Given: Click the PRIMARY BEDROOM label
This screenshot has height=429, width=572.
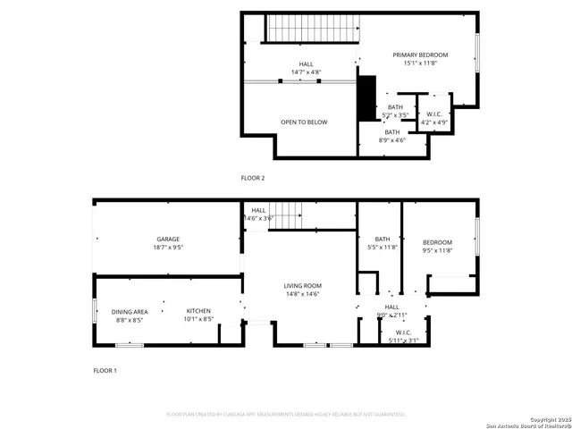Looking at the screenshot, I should click(420, 55).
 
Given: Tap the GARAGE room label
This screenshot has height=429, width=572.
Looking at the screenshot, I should click(169, 240).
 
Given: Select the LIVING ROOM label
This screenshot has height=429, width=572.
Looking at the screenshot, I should click(303, 286).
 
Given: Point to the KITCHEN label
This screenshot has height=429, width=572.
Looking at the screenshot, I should click(198, 311).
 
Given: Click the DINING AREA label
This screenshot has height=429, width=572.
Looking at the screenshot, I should click(129, 312).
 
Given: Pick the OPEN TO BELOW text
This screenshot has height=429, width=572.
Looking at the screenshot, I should click(304, 122).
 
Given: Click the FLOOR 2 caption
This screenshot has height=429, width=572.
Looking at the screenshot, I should click(253, 178).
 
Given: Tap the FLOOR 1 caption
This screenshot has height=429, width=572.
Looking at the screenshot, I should click(105, 370).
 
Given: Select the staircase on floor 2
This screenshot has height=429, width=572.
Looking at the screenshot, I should click(313, 29).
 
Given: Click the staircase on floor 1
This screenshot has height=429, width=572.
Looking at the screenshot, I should click(287, 214).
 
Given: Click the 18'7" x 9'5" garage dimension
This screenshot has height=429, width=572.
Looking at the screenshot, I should click(169, 248).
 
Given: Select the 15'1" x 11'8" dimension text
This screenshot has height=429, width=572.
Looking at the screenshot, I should click(420, 63).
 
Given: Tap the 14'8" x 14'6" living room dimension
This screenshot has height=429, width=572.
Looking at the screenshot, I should click(303, 294).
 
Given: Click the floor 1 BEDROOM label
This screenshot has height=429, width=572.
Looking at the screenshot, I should click(437, 242).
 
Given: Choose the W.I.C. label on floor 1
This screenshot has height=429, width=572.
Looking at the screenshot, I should click(403, 332).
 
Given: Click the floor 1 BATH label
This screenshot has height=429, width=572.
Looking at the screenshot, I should click(383, 239).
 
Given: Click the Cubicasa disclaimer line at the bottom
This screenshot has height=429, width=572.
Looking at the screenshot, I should click(286, 415).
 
